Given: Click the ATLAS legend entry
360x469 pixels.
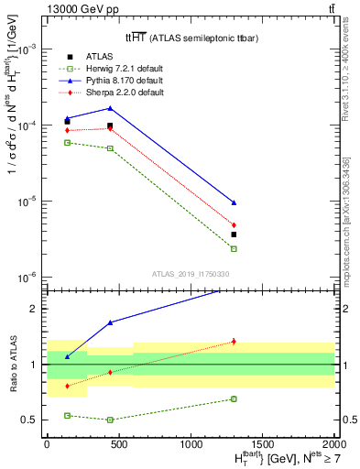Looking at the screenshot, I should click(x=99, y=57).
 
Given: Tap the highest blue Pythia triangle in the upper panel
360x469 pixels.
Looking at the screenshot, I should click(x=110, y=108).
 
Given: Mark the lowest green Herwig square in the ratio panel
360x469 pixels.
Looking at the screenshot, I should click(x=110, y=420).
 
